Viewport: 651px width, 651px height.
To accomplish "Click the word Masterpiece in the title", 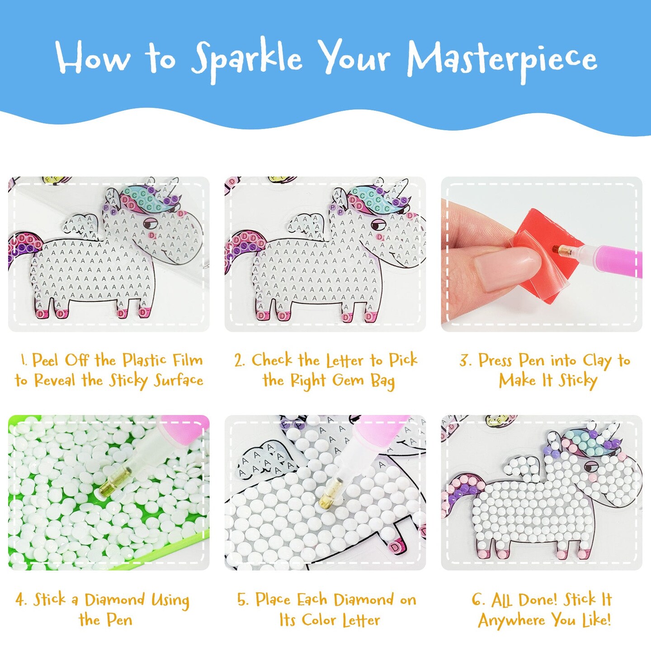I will [x=502, y=60].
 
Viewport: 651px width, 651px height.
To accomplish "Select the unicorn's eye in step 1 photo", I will [x=150, y=223].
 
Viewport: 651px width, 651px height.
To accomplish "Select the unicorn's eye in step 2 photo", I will [x=377, y=225].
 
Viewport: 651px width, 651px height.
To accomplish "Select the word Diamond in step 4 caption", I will [x=114, y=600].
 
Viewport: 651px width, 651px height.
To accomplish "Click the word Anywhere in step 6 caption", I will [x=511, y=620].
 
